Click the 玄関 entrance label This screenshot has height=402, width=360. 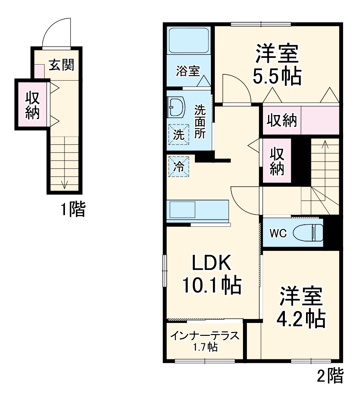[x=61, y=65]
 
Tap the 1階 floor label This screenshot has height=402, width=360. [x=72, y=210]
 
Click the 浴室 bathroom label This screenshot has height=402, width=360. [x=187, y=71]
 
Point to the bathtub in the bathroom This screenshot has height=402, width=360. [x=188, y=40]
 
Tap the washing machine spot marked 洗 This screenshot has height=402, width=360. [x=178, y=135]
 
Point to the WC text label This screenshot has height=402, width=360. [x=278, y=234]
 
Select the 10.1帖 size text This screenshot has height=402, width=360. [x=211, y=286]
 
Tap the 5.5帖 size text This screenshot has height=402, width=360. [x=277, y=76]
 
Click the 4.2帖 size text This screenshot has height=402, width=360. [x=301, y=319]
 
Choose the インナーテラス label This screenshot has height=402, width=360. [x=204, y=336]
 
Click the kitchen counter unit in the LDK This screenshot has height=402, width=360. [x=197, y=211]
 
